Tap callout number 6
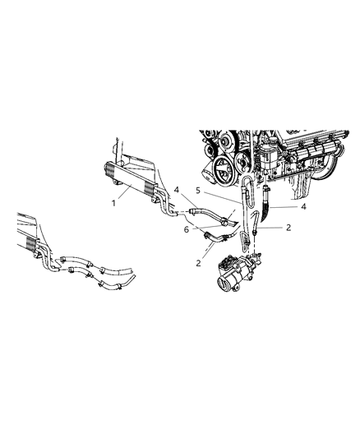[187, 228]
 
